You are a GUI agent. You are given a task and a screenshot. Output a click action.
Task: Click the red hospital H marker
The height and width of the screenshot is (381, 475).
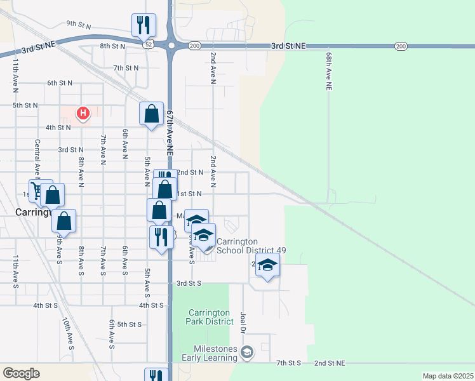[83, 114]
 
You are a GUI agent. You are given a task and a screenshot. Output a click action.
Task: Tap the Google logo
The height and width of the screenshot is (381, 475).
[21, 373]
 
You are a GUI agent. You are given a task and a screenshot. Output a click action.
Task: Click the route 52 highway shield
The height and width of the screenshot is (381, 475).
[147, 46]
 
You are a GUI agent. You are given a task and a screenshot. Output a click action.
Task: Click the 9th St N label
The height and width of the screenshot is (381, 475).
[79, 25]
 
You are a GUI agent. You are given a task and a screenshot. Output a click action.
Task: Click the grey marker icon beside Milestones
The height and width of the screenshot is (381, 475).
[247, 351]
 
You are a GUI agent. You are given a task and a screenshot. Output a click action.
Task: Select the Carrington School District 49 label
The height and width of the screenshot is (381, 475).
[251, 246]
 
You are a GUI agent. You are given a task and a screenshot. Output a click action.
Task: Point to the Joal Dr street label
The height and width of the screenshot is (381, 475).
[243, 322]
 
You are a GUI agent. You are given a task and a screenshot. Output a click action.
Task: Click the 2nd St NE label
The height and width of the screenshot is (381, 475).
[329, 363]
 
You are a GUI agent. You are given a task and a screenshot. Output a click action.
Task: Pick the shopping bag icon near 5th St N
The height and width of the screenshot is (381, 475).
[151, 114]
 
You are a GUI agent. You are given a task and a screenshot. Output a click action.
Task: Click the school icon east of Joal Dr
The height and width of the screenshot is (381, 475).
[267, 265]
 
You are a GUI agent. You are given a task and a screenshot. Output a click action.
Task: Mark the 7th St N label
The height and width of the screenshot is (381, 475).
[126, 68]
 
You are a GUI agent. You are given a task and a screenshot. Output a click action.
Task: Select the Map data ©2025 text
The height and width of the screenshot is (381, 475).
[448, 376]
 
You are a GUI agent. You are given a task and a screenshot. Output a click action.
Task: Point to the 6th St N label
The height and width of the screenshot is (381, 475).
[60, 83]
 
